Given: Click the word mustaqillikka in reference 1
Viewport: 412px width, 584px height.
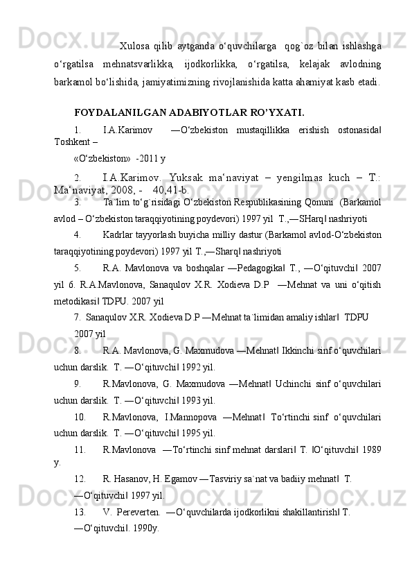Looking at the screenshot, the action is pos(263,129).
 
